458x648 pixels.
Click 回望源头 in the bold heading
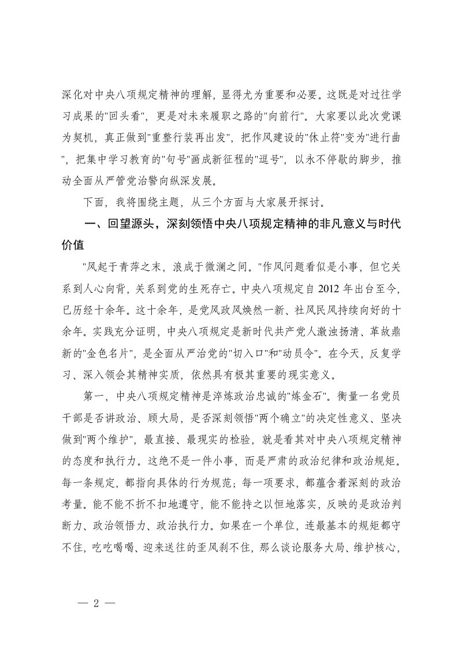pos(128,225)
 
